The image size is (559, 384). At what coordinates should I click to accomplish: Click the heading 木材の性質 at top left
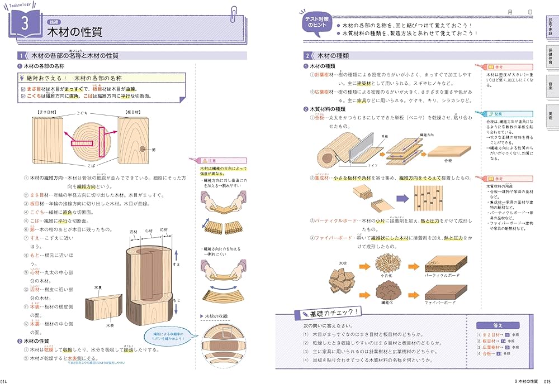[x=74, y=32]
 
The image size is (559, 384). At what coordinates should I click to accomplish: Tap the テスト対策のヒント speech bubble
[x=318, y=22]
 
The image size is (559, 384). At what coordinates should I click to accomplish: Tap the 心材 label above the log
[x=148, y=230]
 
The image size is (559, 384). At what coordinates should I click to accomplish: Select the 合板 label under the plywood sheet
[x=448, y=160]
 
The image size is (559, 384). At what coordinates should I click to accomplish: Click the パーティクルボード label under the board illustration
[x=445, y=275]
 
